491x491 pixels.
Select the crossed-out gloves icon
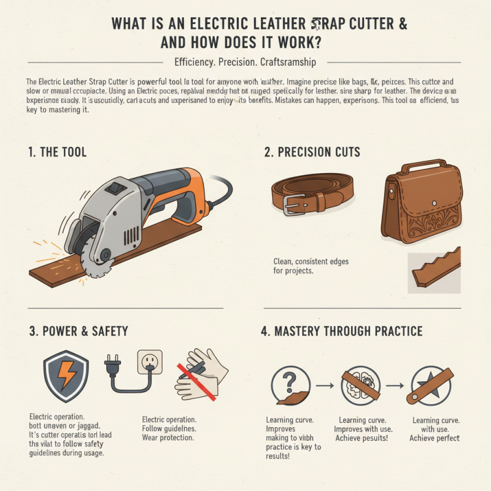pos(199,373)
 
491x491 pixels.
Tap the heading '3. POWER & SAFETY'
pos(79,331)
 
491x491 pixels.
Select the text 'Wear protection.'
pos(168,438)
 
